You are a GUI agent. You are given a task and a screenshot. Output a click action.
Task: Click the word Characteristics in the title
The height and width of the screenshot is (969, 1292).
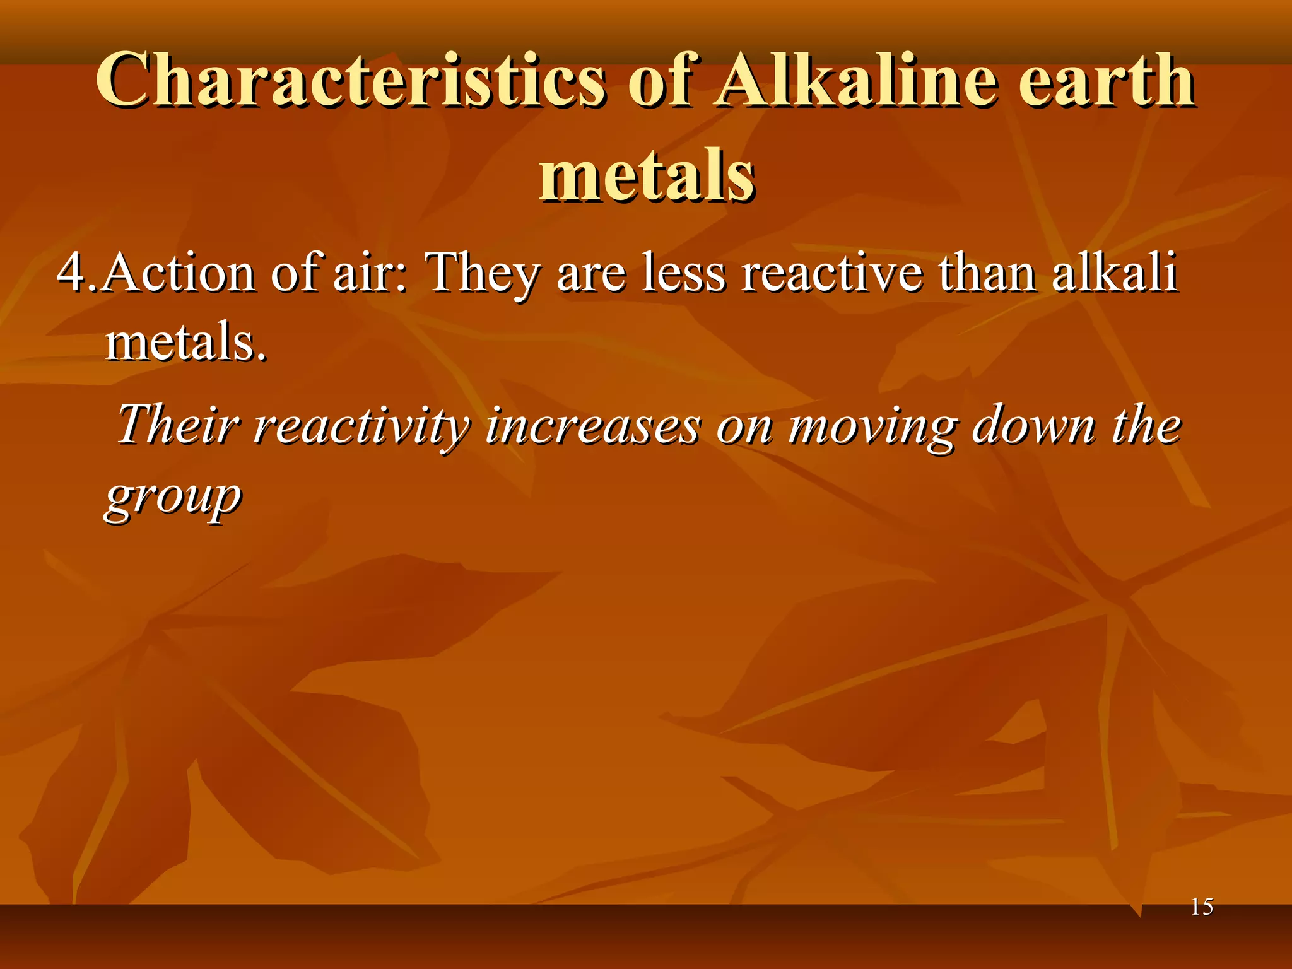pyautogui.click(x=351, y=81)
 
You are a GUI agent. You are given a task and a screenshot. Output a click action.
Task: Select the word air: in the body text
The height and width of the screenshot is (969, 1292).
pyautogui.click(x=370, y=273)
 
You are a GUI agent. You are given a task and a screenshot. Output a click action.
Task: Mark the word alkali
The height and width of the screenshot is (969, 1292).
pyautogui.click(x=1114, y=273)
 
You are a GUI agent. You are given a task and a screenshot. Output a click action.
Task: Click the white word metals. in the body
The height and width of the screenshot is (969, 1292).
pyautogui.click(x=186, y=342)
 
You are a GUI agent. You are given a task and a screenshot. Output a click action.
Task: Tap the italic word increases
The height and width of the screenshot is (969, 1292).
pyautogui.click(x=593, y=425)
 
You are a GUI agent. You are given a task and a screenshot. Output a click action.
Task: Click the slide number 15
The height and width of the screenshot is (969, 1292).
pyautogui.click(x=1202, y=907)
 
